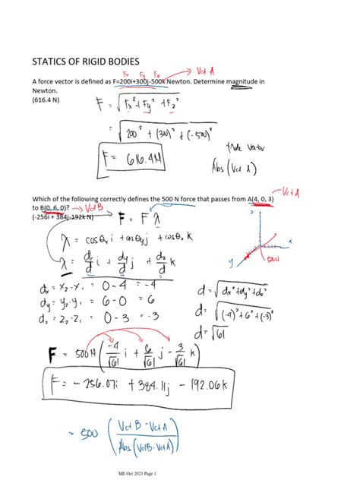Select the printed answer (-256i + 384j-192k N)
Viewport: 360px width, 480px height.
coord(64,216)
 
